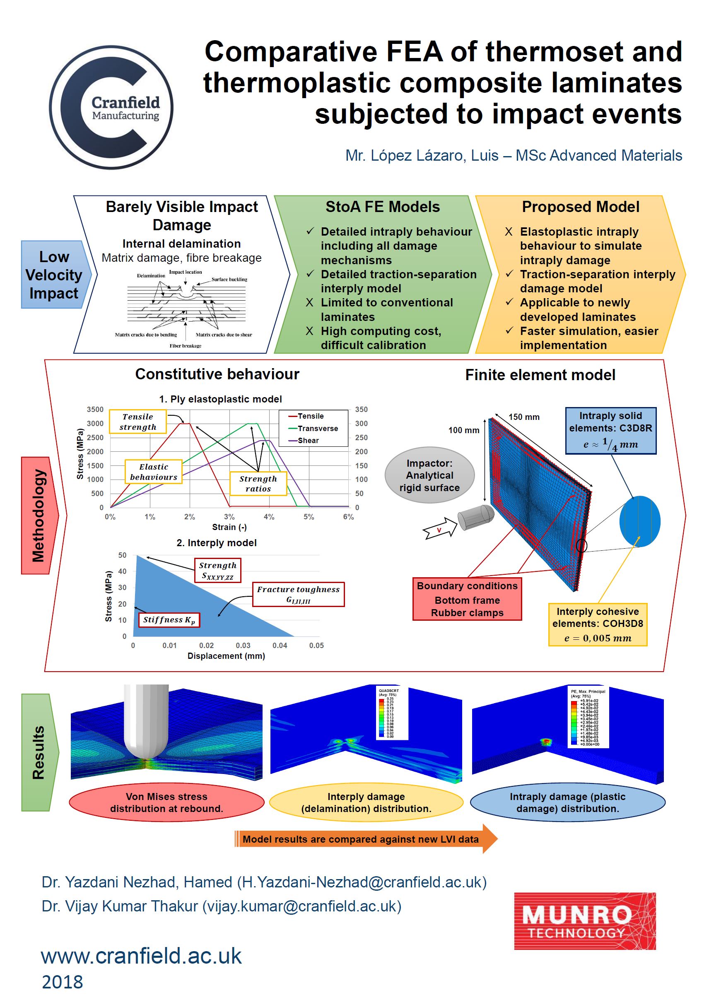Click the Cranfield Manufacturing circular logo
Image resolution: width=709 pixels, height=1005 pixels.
click(111, 107)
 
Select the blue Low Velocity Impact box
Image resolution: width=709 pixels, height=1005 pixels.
click(54, 275)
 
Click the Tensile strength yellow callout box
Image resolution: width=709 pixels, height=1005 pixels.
click(138, 422)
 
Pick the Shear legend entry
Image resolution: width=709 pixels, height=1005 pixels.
click(308, 440)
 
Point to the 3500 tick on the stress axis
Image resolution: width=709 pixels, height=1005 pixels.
click(95, 409)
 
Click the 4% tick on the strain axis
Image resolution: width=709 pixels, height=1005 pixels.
click(269, 517)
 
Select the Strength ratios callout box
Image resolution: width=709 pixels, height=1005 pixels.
click(258, 484)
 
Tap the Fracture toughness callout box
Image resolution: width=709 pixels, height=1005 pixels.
click(298, 594)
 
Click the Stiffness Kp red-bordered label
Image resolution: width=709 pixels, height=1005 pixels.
click(169, 620)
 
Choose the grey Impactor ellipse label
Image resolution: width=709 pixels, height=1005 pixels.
click(429, 475)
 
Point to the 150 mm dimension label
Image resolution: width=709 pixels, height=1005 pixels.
click(524, 417)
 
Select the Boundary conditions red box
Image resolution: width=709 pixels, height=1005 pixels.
click(467, 599)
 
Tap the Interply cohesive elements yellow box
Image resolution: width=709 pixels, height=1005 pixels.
click(598, 624)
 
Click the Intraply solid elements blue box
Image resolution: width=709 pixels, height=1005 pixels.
click(610, 430)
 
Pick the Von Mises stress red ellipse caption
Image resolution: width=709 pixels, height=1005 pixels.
click(166, 803)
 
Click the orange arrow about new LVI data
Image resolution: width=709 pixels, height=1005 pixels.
click(365, 839)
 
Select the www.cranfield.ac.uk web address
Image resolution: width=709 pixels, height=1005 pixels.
click(141, 956)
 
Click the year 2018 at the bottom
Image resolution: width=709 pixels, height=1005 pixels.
click(62, 982)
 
